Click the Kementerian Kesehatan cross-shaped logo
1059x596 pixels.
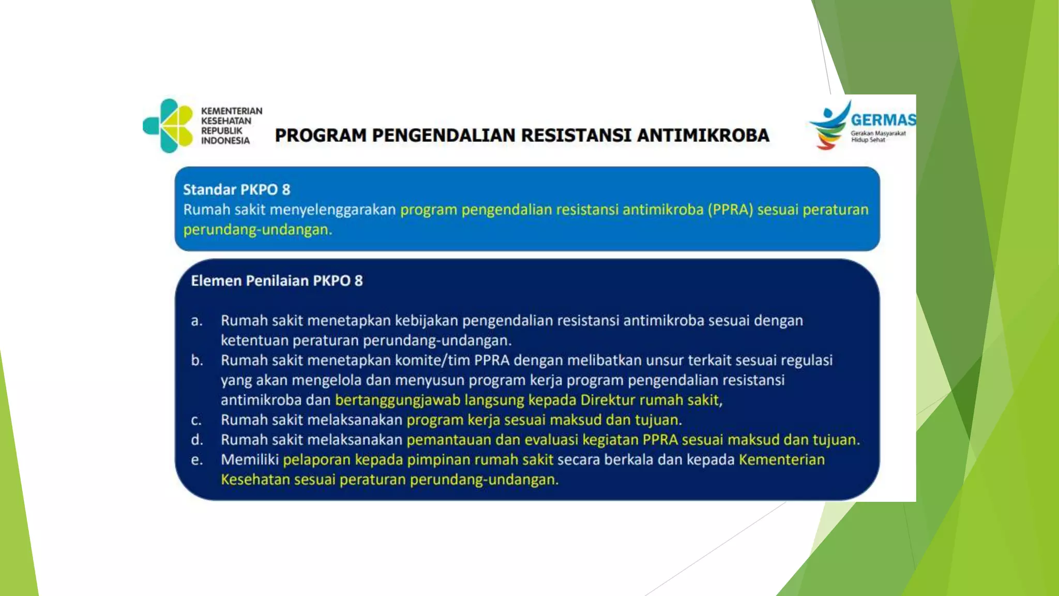[169, 126]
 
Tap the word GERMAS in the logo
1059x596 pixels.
[883, 120]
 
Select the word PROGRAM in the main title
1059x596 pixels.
[321, 136]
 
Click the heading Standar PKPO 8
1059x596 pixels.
[236, 190]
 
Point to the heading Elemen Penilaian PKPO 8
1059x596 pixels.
[277, 281]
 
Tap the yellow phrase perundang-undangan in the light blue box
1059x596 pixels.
[257, 230]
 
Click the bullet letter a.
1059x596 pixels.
[196, 321]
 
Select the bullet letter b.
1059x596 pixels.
[196, 361]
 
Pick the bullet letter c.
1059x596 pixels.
[196, 421]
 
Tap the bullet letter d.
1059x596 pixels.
[196, 440]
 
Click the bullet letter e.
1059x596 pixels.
[196, 460]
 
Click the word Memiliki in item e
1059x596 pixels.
[250, 460]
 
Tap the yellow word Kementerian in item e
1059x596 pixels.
[781, 460]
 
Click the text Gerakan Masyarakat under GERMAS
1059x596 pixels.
[878, 133]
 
